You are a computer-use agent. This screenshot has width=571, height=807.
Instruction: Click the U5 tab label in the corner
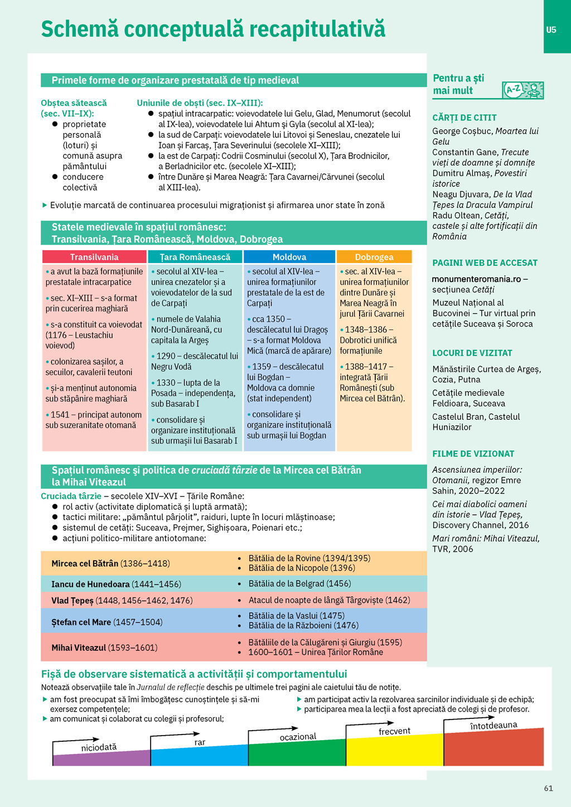coord(551,30)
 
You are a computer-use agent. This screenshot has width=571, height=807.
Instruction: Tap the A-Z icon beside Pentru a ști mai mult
coord(522,90)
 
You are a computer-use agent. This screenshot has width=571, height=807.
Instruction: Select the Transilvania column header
coord(94,257)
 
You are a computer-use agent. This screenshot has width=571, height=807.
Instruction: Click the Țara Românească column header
coord(195,257)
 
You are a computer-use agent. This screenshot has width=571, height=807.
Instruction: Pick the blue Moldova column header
coord(289,257)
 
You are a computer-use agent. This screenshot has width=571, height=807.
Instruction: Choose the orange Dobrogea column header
coord(374,257)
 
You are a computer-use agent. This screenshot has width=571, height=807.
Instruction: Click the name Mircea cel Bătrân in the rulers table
coord(85,563)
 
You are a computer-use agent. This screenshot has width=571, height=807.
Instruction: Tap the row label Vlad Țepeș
coord(72,600)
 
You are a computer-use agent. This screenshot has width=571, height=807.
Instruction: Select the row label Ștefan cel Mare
coord(81,622)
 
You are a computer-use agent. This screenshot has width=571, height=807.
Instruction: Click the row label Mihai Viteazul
coord(79,648)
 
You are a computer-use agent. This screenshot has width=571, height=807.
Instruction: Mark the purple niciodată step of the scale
coord(100,758)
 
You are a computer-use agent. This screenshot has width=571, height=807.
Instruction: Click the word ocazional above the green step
coord(298,737)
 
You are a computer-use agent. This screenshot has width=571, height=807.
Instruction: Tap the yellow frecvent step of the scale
coord(394,750)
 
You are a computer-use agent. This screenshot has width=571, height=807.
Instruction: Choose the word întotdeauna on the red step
coord(493,726)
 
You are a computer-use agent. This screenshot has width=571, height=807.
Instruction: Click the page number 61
coord(549,788)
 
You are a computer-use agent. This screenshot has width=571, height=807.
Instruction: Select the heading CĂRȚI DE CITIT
coord(464,118)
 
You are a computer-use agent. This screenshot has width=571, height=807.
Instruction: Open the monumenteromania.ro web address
coord(477,279)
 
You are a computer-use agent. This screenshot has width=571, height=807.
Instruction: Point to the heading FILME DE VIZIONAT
coord(473,454)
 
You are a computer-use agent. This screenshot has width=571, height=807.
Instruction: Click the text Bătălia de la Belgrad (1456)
coord(299,584)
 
